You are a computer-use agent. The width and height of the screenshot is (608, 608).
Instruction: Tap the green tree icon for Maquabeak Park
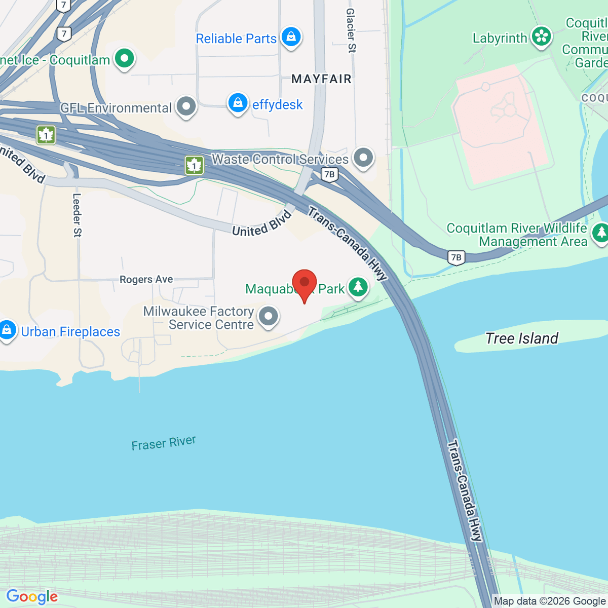(x=358, y=287)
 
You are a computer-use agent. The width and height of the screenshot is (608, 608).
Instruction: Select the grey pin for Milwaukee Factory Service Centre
(x=269, y=316)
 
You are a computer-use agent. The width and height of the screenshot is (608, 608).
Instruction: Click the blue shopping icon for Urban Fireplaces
(x=7, y=330)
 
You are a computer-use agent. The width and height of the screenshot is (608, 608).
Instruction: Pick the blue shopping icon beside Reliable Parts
(x=291, y=36)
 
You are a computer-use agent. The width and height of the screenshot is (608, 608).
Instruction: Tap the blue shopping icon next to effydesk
(x=238, y=103)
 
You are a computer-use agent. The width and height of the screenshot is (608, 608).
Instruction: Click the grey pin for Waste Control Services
(x=363, y=158)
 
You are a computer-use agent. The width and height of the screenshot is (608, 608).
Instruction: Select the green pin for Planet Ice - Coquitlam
(x=124, y=58)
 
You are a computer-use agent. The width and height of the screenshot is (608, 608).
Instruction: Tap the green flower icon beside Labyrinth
(x=541, y=36)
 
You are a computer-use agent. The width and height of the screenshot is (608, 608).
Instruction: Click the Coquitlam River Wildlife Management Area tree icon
(x=601, y=233)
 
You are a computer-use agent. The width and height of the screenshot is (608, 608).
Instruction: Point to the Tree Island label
(x=522, y=338)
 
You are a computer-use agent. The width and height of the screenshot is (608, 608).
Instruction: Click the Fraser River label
(x=164, y=443)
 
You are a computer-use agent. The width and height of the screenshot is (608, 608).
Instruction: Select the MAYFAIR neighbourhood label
(x=321, y=79)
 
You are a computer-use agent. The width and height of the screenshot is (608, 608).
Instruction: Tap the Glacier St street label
(x=351, y=30)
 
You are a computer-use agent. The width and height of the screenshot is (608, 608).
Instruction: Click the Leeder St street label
(x=77, y=215)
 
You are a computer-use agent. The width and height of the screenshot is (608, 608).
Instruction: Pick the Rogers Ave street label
(x=146, y=279)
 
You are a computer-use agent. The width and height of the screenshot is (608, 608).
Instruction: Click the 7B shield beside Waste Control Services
(x=329, y=175)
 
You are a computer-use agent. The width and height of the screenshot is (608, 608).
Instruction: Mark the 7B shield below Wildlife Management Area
(x=456, y=257)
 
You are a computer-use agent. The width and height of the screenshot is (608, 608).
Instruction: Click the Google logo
(x=32, y=597)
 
